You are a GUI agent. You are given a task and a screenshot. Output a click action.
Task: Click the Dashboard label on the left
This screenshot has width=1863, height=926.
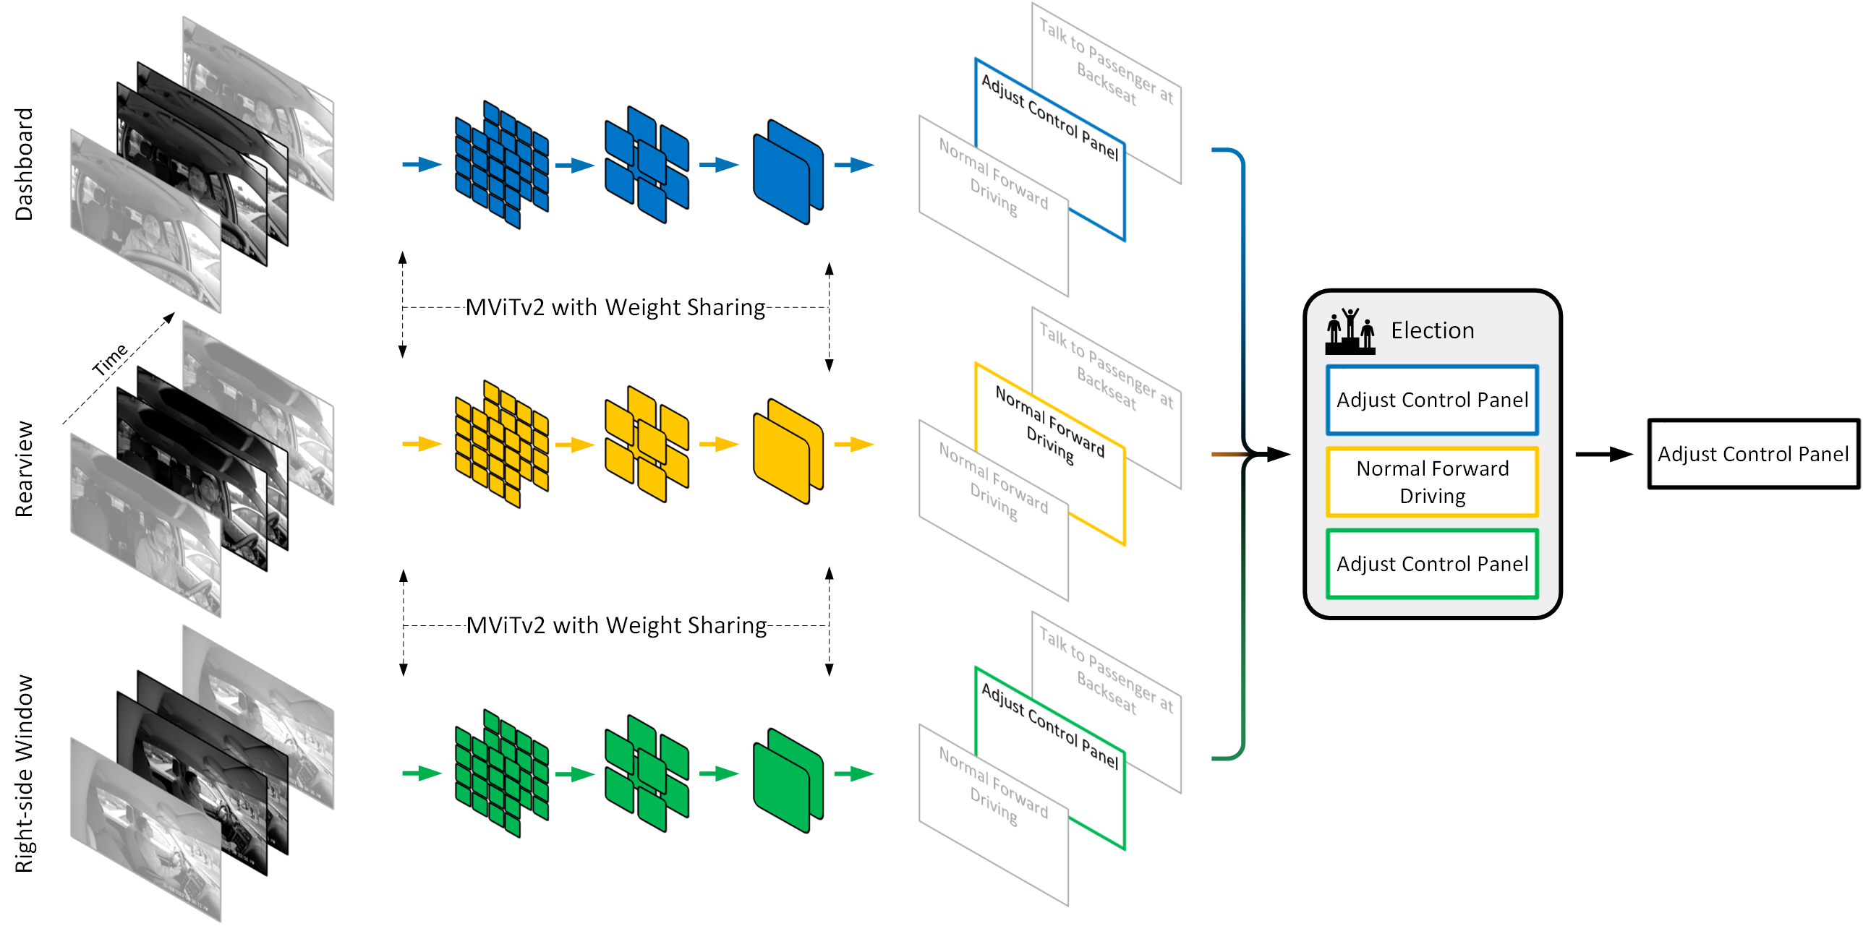(25, 164)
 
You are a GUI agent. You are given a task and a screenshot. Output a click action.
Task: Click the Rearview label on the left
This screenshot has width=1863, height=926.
(25, 468)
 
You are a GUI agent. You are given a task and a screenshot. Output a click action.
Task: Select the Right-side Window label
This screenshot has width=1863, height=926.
(25, 773)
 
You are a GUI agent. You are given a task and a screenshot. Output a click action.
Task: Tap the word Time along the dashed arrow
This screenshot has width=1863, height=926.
(110, 359)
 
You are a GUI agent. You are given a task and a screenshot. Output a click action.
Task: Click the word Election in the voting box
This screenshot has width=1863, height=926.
(1432, 330)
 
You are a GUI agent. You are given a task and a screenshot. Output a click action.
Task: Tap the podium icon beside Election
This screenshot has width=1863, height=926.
(1350, 332)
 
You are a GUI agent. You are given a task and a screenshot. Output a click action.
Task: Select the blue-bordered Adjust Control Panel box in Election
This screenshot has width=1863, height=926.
(1432, 400)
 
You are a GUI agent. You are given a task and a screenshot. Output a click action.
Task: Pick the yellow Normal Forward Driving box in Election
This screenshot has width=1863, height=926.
(1432, 482)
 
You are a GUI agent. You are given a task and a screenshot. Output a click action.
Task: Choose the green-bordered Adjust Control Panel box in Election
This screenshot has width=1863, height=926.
(1432, 564)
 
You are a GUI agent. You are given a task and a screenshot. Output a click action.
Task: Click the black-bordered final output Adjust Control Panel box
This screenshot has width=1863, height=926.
(1752, 454)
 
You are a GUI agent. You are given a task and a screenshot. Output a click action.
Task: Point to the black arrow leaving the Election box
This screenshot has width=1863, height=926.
(1603, 454)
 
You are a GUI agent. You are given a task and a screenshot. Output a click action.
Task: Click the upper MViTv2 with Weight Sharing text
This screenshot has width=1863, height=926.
(615, 307)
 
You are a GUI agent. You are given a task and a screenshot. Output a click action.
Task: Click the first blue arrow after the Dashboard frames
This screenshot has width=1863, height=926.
(422, 165)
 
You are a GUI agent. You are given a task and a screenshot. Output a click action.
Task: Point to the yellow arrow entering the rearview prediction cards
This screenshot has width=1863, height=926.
(854, 444)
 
